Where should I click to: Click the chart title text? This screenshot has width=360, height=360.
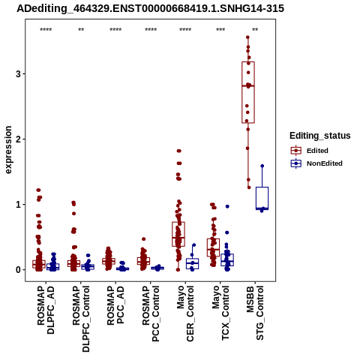(x=150, y=9)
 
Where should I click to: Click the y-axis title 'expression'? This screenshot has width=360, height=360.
(x=8, y=150)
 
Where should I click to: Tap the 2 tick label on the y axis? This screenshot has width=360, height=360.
(x=18, y=139)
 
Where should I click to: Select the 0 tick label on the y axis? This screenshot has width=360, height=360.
(x=18, y=270)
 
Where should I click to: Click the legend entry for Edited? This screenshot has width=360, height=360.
(x=309, y=151)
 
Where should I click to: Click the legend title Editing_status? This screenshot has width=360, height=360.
(x=320, y=136)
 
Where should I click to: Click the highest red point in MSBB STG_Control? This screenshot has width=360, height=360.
(x=247, y=37)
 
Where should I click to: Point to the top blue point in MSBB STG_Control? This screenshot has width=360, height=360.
(x=262, y=166)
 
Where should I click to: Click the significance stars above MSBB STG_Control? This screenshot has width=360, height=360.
(x=255, y=30)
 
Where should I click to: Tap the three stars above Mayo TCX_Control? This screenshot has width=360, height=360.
(x=220, y=30)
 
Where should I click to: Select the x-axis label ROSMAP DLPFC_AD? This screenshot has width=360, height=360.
(x=46, y=310)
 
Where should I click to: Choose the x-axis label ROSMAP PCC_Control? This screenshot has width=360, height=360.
(x=151, y=313)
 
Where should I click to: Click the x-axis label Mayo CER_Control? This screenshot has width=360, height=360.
(x=185, y=313)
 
